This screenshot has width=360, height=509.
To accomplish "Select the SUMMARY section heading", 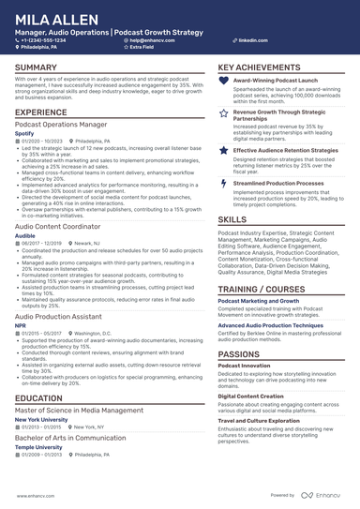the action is pyautogui.click(x=36, y=68).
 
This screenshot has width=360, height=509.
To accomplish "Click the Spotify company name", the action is pyautogui.click(x=24, y=134).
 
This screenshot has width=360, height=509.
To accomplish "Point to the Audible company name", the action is pyautogui.click(x=25, y=236).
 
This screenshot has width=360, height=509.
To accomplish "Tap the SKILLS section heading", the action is pyautogui.click(x=232, y=218).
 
